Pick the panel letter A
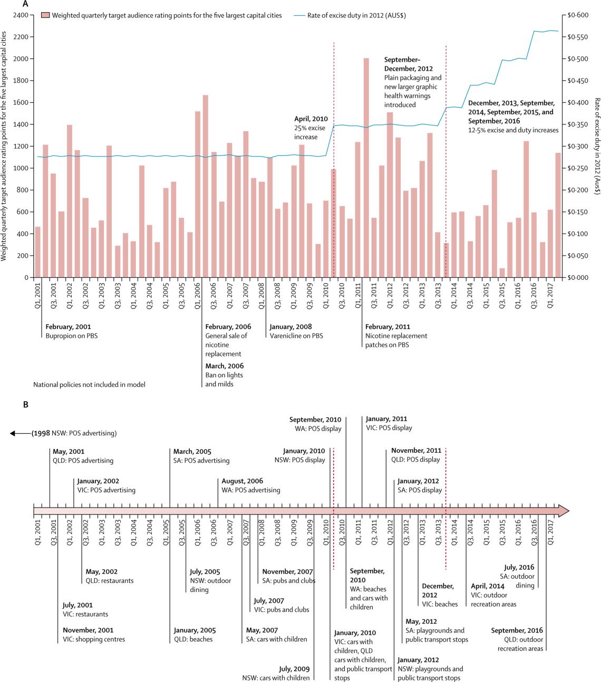25,4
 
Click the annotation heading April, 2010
311,119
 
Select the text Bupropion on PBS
72,336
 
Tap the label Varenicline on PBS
296,336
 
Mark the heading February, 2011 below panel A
387,327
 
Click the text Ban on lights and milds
224,379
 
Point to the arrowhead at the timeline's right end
564,511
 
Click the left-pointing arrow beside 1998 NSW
20,433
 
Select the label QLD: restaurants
110,581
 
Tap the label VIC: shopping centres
94,639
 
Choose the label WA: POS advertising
250,490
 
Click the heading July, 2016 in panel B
519,568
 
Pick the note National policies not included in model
89,385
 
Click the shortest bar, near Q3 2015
502,272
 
